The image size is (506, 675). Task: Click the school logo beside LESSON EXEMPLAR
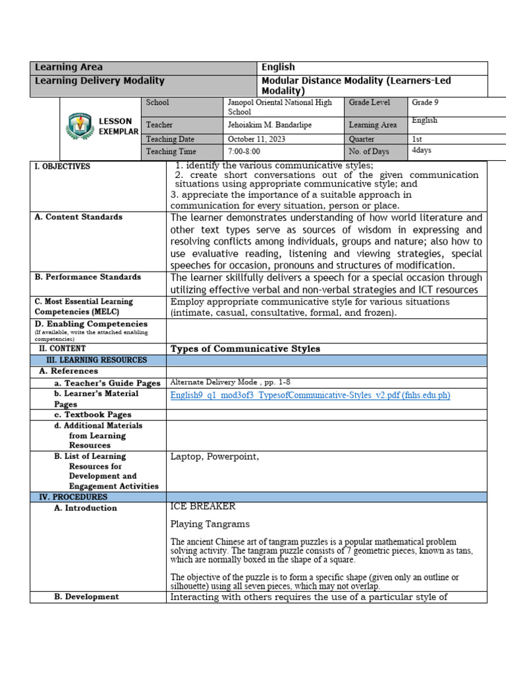80,127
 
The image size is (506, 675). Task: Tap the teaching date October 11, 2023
258,139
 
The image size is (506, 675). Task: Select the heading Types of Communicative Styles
245,349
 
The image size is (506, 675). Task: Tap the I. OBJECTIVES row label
62,167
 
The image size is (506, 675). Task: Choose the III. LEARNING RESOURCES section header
96,360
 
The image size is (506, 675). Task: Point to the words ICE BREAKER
203,507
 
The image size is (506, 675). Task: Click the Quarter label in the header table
362,139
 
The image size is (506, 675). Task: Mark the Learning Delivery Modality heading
99,80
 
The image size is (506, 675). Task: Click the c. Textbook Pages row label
92,415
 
